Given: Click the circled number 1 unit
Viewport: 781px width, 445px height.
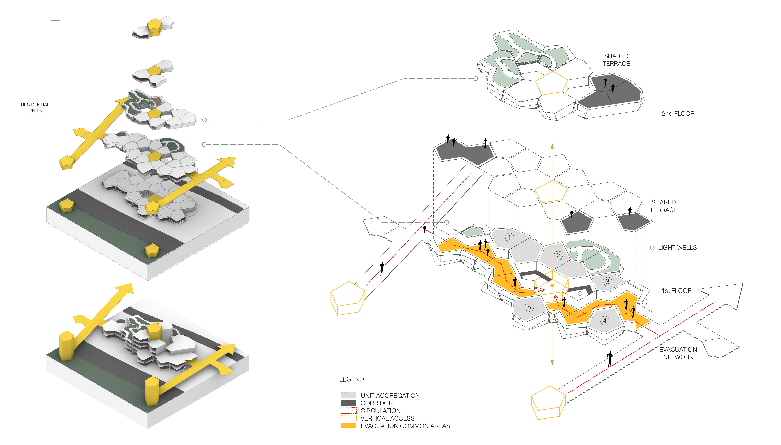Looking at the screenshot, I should click(509, 237).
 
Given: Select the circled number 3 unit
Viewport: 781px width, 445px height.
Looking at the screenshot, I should click(608, 281).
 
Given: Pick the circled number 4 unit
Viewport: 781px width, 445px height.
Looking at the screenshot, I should click(605, 321).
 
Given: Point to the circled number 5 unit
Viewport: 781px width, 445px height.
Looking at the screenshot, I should click(529, 307).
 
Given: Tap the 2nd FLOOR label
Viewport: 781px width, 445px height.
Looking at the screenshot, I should click(678, 114).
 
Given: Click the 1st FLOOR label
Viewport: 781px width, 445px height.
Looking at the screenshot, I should click(676, 291).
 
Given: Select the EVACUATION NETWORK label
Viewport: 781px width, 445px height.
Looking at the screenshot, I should click(678, 353).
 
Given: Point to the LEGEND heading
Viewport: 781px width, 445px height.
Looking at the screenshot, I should click(351, 379).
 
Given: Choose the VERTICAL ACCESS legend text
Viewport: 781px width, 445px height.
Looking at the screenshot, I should click(388, 418).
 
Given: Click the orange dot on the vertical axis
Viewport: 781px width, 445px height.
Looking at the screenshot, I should click(552, 285).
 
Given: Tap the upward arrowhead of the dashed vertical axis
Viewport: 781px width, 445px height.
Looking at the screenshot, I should click(552, 146).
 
